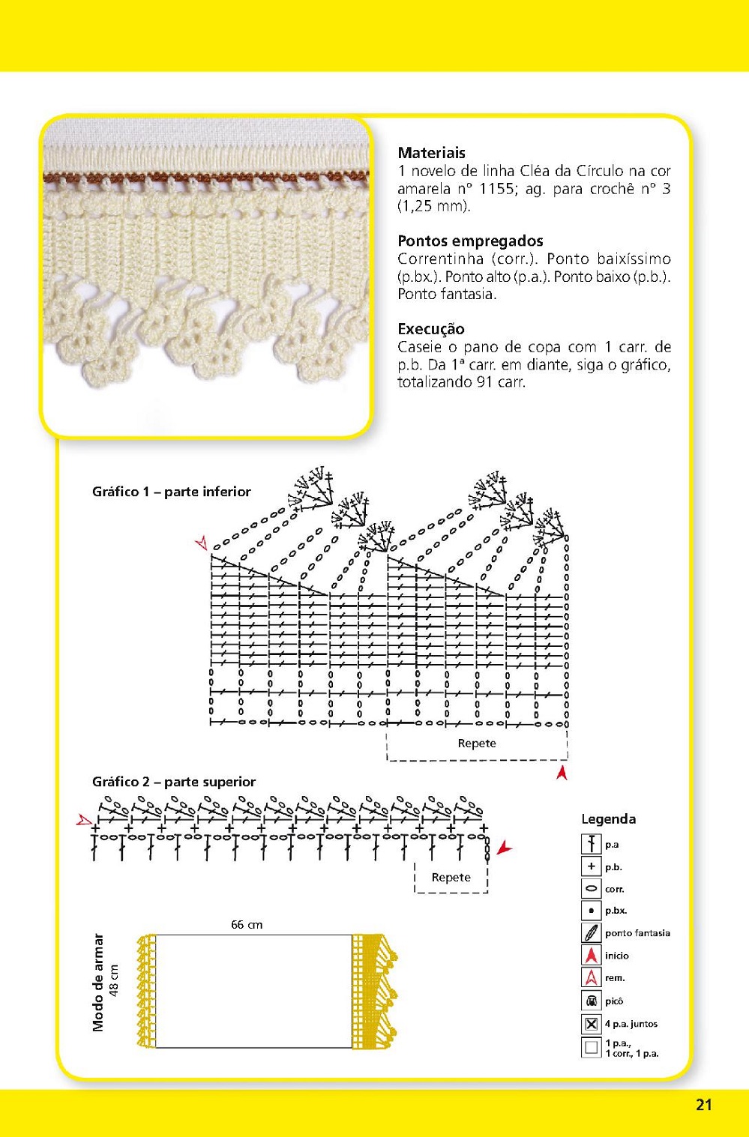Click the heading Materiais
431,153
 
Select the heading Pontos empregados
470,241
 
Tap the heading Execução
430,328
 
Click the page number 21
703,1104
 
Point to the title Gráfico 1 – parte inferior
171,492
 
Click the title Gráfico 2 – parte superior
173,782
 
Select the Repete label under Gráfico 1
477,744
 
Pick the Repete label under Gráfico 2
451,877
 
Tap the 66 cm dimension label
247,925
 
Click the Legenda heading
608,819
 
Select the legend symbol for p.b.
592,866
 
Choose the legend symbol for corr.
592,889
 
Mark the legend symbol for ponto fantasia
592,933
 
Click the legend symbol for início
592,956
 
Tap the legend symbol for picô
592,1001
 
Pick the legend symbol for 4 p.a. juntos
592,1024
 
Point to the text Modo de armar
98,982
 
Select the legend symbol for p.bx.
592,911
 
